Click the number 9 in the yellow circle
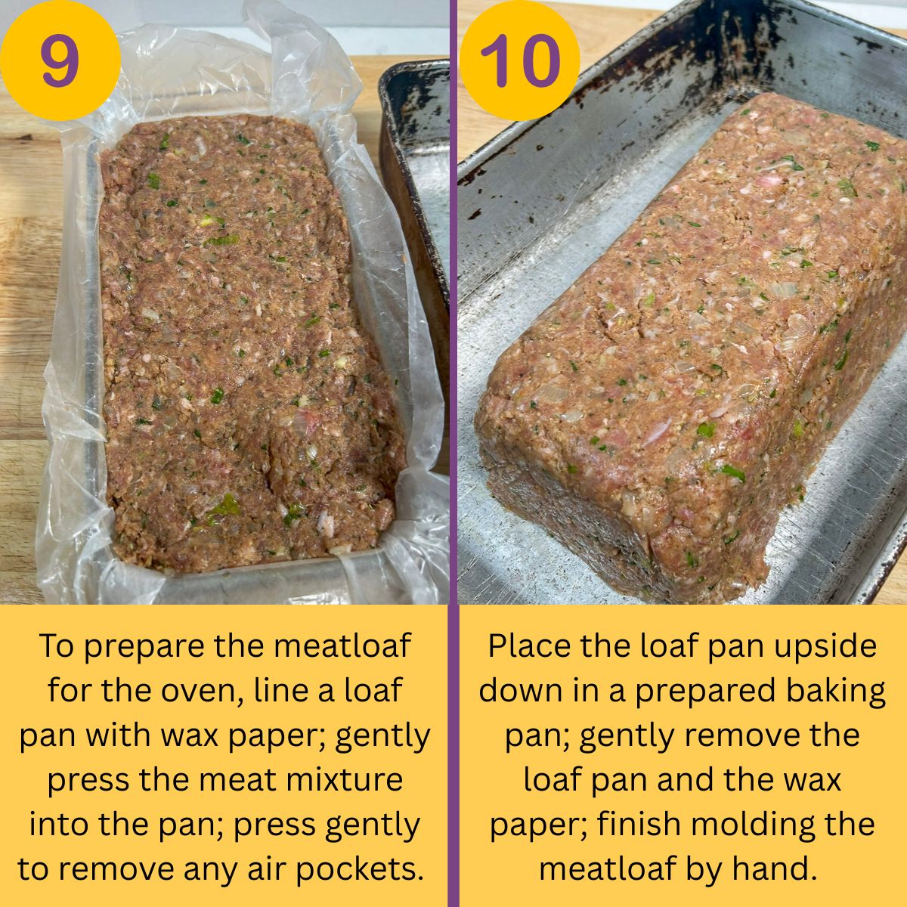pyautogui.click(x=60, y=60)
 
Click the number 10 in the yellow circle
pyautogui.click(x=520, y=60)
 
